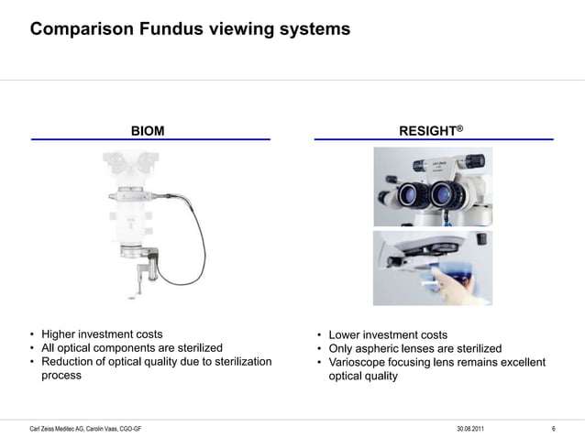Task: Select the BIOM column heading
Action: pyautogui.click(x=148, y=131)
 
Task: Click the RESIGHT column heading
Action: pyautogui.click(x=426, y=131)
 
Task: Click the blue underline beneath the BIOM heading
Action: pyautogui.click(x=150, y=139)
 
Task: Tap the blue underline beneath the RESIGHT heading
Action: pyautogui.click(x=434, y=139)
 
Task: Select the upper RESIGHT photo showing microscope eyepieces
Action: pyautogui.click(x=433, y=186)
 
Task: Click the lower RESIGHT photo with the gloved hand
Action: pyautogui.click(x=433, y=268)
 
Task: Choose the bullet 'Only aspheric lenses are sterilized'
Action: pyautogui.click(x=415, y=349)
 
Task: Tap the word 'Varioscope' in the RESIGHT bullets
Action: pyautogui.click(x=358, y=363)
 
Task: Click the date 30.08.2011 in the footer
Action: pyautogui.click(x=472, y=429)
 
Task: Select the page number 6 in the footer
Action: pyautogui.click(x=554, y=429)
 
